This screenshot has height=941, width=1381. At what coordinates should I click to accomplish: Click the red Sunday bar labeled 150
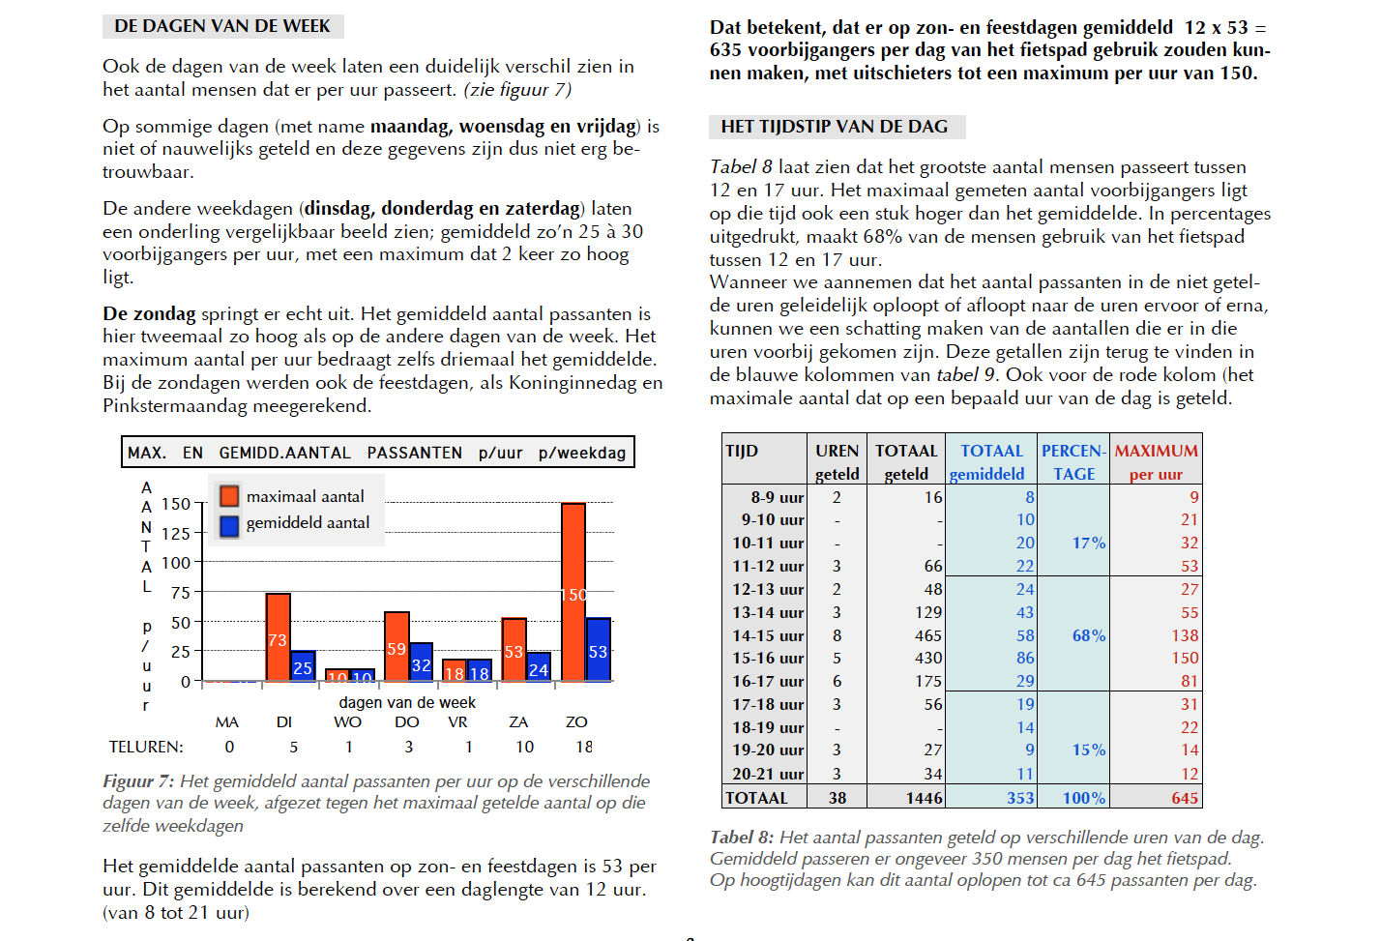tap(573, 592)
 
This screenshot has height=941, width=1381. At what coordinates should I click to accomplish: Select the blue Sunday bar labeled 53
tap(598, 649)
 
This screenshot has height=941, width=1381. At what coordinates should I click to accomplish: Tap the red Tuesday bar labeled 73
tap(279, 637)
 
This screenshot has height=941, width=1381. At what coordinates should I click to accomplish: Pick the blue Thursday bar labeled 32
tap(421, 662)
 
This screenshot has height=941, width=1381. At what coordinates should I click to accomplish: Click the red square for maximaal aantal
tap(229, 496)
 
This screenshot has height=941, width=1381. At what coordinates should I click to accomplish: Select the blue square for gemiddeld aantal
tap(229, 525)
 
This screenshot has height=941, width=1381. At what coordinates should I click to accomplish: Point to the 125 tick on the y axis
tap(176, 534)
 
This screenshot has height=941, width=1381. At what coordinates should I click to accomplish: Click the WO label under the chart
tap(348, 722)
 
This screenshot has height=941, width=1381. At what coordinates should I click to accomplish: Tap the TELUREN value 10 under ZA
tap(525, 748)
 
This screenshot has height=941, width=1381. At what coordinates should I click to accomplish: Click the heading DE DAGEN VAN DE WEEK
tap(222, 26)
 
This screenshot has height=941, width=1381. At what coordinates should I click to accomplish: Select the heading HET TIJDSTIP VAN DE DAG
tap(835, 127)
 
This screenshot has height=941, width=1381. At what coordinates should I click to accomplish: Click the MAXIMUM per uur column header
tap(1156, 462)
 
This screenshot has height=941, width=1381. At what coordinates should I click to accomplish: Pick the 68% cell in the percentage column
tap(1089, 635)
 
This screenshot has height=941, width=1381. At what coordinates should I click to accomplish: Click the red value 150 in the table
tap(1185, 659)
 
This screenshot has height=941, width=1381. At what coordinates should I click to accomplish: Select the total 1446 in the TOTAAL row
tap(925, 798)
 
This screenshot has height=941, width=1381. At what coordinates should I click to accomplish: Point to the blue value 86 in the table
tap(1025, 659)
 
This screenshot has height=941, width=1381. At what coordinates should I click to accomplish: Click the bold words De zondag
tap(149, 314)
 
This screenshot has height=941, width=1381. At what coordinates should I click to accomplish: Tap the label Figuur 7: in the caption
tap(138, 781)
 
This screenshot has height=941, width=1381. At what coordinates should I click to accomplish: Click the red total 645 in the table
tap(1185, 798)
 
